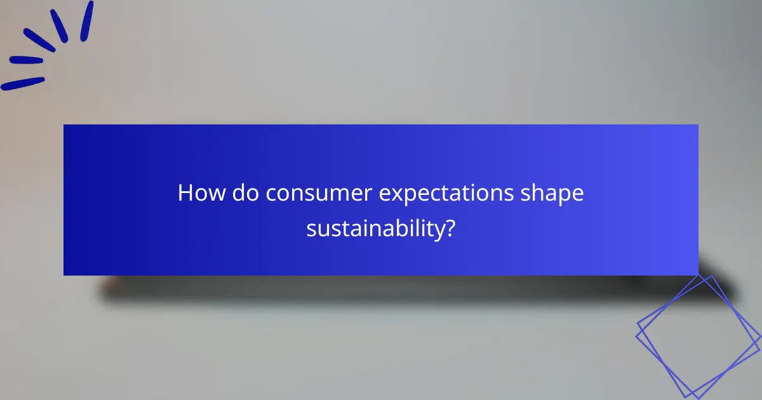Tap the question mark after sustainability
(x=450, y=227)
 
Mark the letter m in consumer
(x=338, y=194)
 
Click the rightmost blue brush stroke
(x=87, y=20)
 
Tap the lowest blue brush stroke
(x=23, y=84)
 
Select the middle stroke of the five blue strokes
(x=39, y=39)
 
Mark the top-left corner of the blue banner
(x=64, y=125)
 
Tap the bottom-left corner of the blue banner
(x=64, y=275)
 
